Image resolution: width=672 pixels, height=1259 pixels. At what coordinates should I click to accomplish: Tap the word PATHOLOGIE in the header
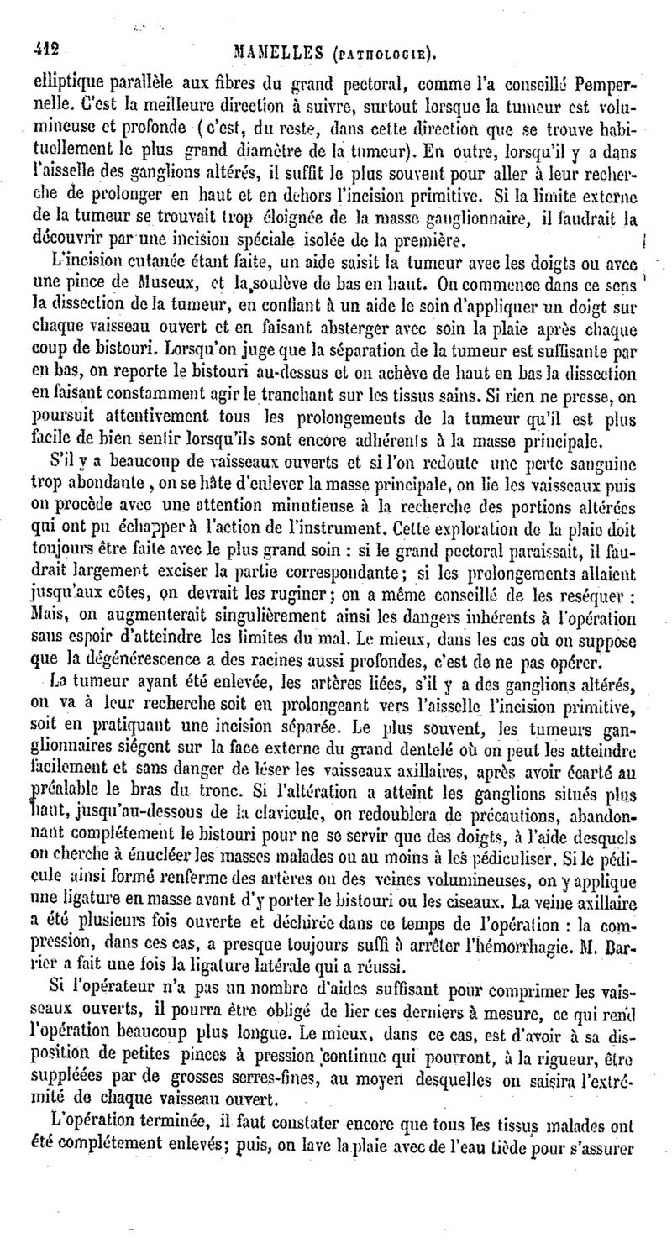point(389,55)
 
